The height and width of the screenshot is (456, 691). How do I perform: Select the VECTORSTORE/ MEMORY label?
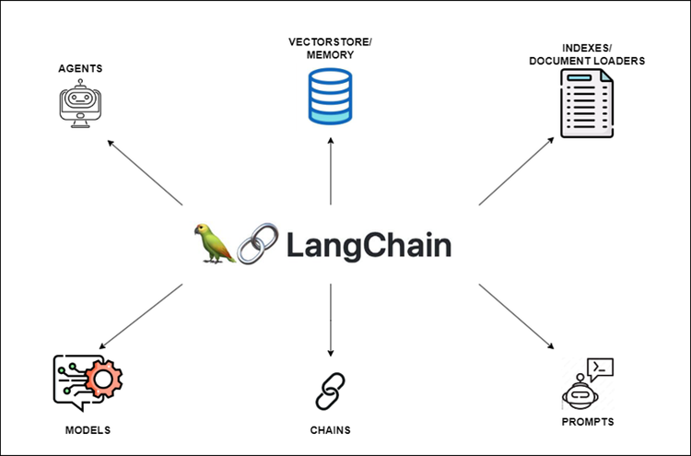pos(331,49)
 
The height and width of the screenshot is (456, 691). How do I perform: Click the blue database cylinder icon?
pos(331,97)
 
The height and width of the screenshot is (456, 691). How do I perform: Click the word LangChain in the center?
pos(369,245)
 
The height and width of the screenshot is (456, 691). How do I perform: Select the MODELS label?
pos(88,430)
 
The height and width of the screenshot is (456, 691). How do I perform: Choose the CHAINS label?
pos(330,430)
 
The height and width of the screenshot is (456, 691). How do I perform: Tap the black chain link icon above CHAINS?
pos(329,391)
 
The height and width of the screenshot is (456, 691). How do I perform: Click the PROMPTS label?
pos(587,423)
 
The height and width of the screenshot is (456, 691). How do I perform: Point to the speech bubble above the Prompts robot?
pos(600,368)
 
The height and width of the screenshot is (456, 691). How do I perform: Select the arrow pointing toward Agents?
pos(145,172)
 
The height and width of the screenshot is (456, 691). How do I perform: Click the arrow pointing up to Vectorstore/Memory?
pos(330,170)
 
